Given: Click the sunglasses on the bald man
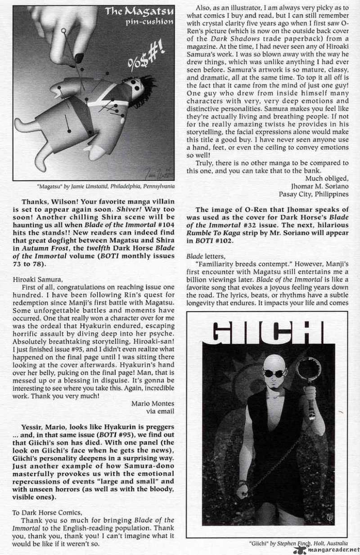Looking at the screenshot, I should pyautogui.click(x=274, y=374).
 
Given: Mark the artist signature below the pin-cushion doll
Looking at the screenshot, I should pyautogui.click(x=156, y=170).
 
